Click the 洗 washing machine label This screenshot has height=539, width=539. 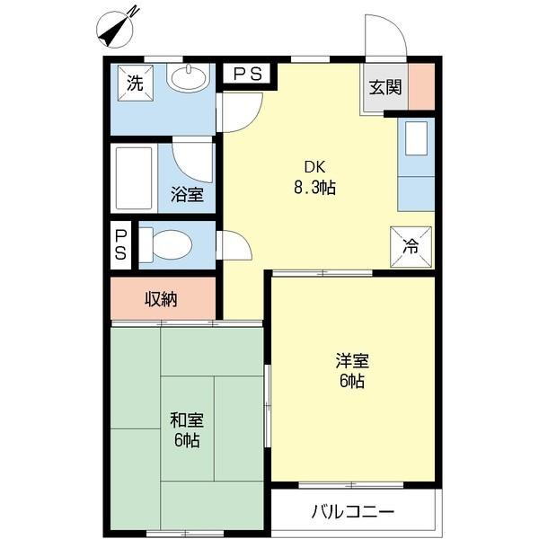tap(135, 84)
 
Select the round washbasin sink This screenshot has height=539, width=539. tap(187, 80)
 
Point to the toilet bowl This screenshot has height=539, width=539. tap(171, 243)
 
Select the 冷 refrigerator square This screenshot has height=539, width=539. tap(411, 245)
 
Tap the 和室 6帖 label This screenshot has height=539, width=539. tap(187, 430)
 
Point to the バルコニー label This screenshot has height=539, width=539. tap(352, 513)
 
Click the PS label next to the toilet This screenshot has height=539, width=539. tap(120, 244)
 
